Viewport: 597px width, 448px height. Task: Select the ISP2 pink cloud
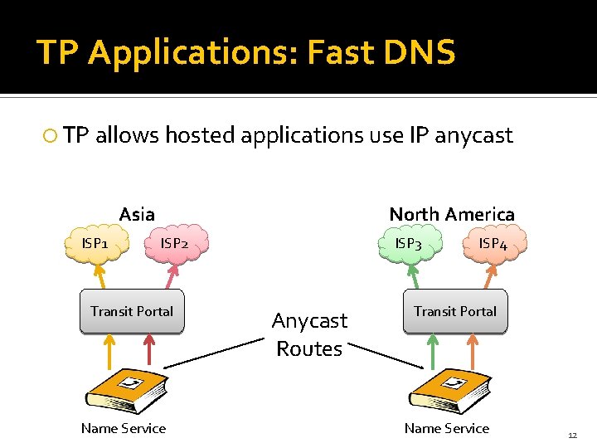point(175,243)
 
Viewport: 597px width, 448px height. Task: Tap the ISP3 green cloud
point(409,243)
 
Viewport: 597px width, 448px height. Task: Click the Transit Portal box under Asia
point(132,312)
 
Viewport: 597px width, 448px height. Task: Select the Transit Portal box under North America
point(454,312)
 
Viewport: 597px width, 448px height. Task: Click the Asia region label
point(137,214)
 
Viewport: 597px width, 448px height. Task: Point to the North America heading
point(452,214)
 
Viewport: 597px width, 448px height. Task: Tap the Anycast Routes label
point(309,334)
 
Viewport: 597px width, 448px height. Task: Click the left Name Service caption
point(123,428)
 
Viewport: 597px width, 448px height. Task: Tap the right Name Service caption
point(446,428)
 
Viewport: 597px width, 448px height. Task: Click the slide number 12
point(572,436)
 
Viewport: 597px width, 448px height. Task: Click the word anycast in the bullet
point(474,135)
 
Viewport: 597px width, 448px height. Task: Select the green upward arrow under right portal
point(431,351)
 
